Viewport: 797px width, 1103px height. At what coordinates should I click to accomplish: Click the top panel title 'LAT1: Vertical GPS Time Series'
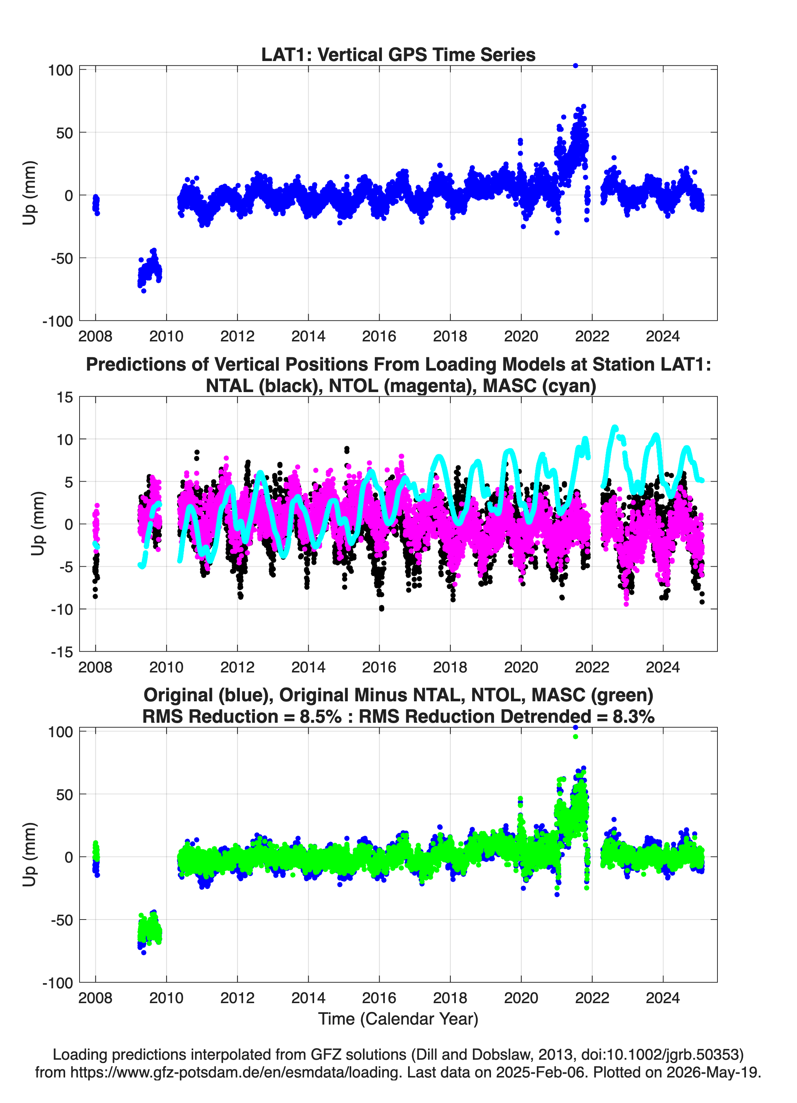coord(398,54)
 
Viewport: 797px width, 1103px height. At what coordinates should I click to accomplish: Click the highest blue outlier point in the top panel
coord(575,66)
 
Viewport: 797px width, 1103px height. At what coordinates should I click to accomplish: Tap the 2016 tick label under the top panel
coord(379,336)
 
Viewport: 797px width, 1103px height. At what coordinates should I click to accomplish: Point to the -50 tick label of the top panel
coord(62,259)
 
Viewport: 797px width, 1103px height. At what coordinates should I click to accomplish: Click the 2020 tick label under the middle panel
coord(521,667)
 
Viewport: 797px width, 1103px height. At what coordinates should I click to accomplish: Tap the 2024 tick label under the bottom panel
coord(663,998)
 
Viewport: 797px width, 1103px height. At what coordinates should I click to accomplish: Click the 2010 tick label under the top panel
coord(167,336)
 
